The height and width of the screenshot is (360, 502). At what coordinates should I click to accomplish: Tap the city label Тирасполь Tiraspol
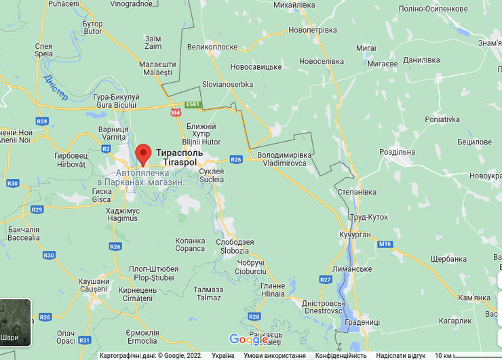coord(179,157)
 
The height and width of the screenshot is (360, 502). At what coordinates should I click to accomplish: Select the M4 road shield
coord(176,113)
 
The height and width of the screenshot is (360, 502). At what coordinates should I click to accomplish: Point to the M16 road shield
coord(385,244)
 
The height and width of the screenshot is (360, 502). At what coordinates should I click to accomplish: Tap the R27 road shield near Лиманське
coord(326,279)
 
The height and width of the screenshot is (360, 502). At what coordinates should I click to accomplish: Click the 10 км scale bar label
coord(444,355)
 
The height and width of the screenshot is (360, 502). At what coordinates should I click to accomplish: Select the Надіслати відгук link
coord(400,355)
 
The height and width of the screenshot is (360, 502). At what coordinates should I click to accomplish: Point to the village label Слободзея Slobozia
coord(235,246)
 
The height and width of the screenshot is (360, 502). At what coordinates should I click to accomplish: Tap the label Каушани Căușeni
coord(94,285)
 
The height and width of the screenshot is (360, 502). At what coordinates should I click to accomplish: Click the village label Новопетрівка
coord(312,31)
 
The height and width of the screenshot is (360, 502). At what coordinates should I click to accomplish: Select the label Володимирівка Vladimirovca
coord(285,159)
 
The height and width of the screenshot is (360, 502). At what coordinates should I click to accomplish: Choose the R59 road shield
coord(43,121)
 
